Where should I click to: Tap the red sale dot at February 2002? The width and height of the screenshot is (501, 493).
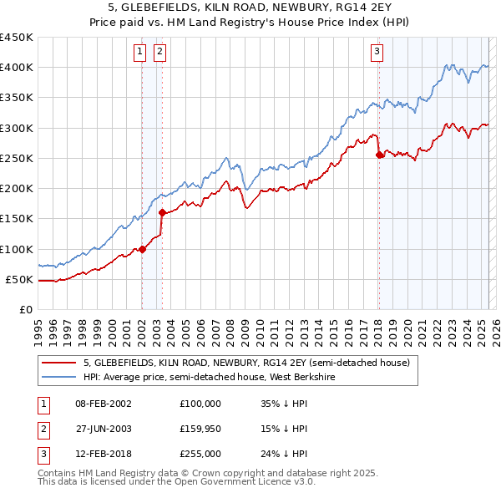143,249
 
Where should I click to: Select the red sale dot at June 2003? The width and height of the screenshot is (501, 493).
162,212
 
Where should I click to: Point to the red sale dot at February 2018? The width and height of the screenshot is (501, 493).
379,155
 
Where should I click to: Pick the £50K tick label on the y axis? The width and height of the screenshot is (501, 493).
20,280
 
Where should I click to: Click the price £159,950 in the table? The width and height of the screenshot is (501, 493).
200,429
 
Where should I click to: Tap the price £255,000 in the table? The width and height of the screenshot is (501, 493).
200,455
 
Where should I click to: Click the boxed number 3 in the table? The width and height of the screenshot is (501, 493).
43,455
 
